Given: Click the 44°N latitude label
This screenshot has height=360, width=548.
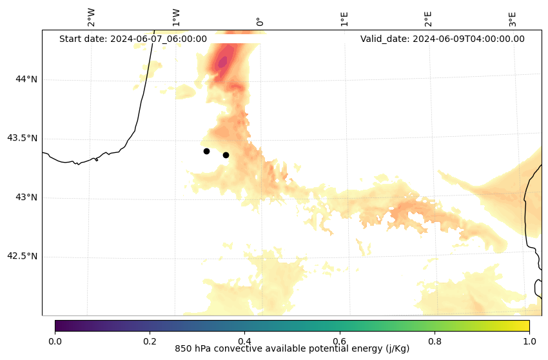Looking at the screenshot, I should point(26,79).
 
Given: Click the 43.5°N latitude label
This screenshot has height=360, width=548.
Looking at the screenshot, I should point(22,138).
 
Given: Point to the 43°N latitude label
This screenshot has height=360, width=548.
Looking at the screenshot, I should point(26,197).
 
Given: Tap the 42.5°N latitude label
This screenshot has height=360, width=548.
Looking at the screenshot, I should point(22,256).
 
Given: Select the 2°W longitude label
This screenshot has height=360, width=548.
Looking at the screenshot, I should point(91,17).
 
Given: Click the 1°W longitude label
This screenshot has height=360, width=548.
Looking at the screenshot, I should point(175,17).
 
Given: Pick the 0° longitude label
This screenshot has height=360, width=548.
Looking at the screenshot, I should point(259,21).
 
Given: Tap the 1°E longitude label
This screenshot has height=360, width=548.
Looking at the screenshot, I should point(344,19).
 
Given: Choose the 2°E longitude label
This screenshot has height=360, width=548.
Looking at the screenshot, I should point(428,19).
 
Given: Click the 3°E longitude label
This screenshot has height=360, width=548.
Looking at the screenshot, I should point(513,19).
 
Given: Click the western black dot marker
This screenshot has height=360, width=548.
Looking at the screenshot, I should point(206,151).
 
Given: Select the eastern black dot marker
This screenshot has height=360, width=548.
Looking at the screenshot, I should point(226,155).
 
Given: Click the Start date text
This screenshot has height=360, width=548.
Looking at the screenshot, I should point(133,39).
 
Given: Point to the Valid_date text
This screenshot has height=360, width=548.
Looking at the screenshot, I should point(442,39).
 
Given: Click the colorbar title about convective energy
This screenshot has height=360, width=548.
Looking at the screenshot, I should point(292,349).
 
